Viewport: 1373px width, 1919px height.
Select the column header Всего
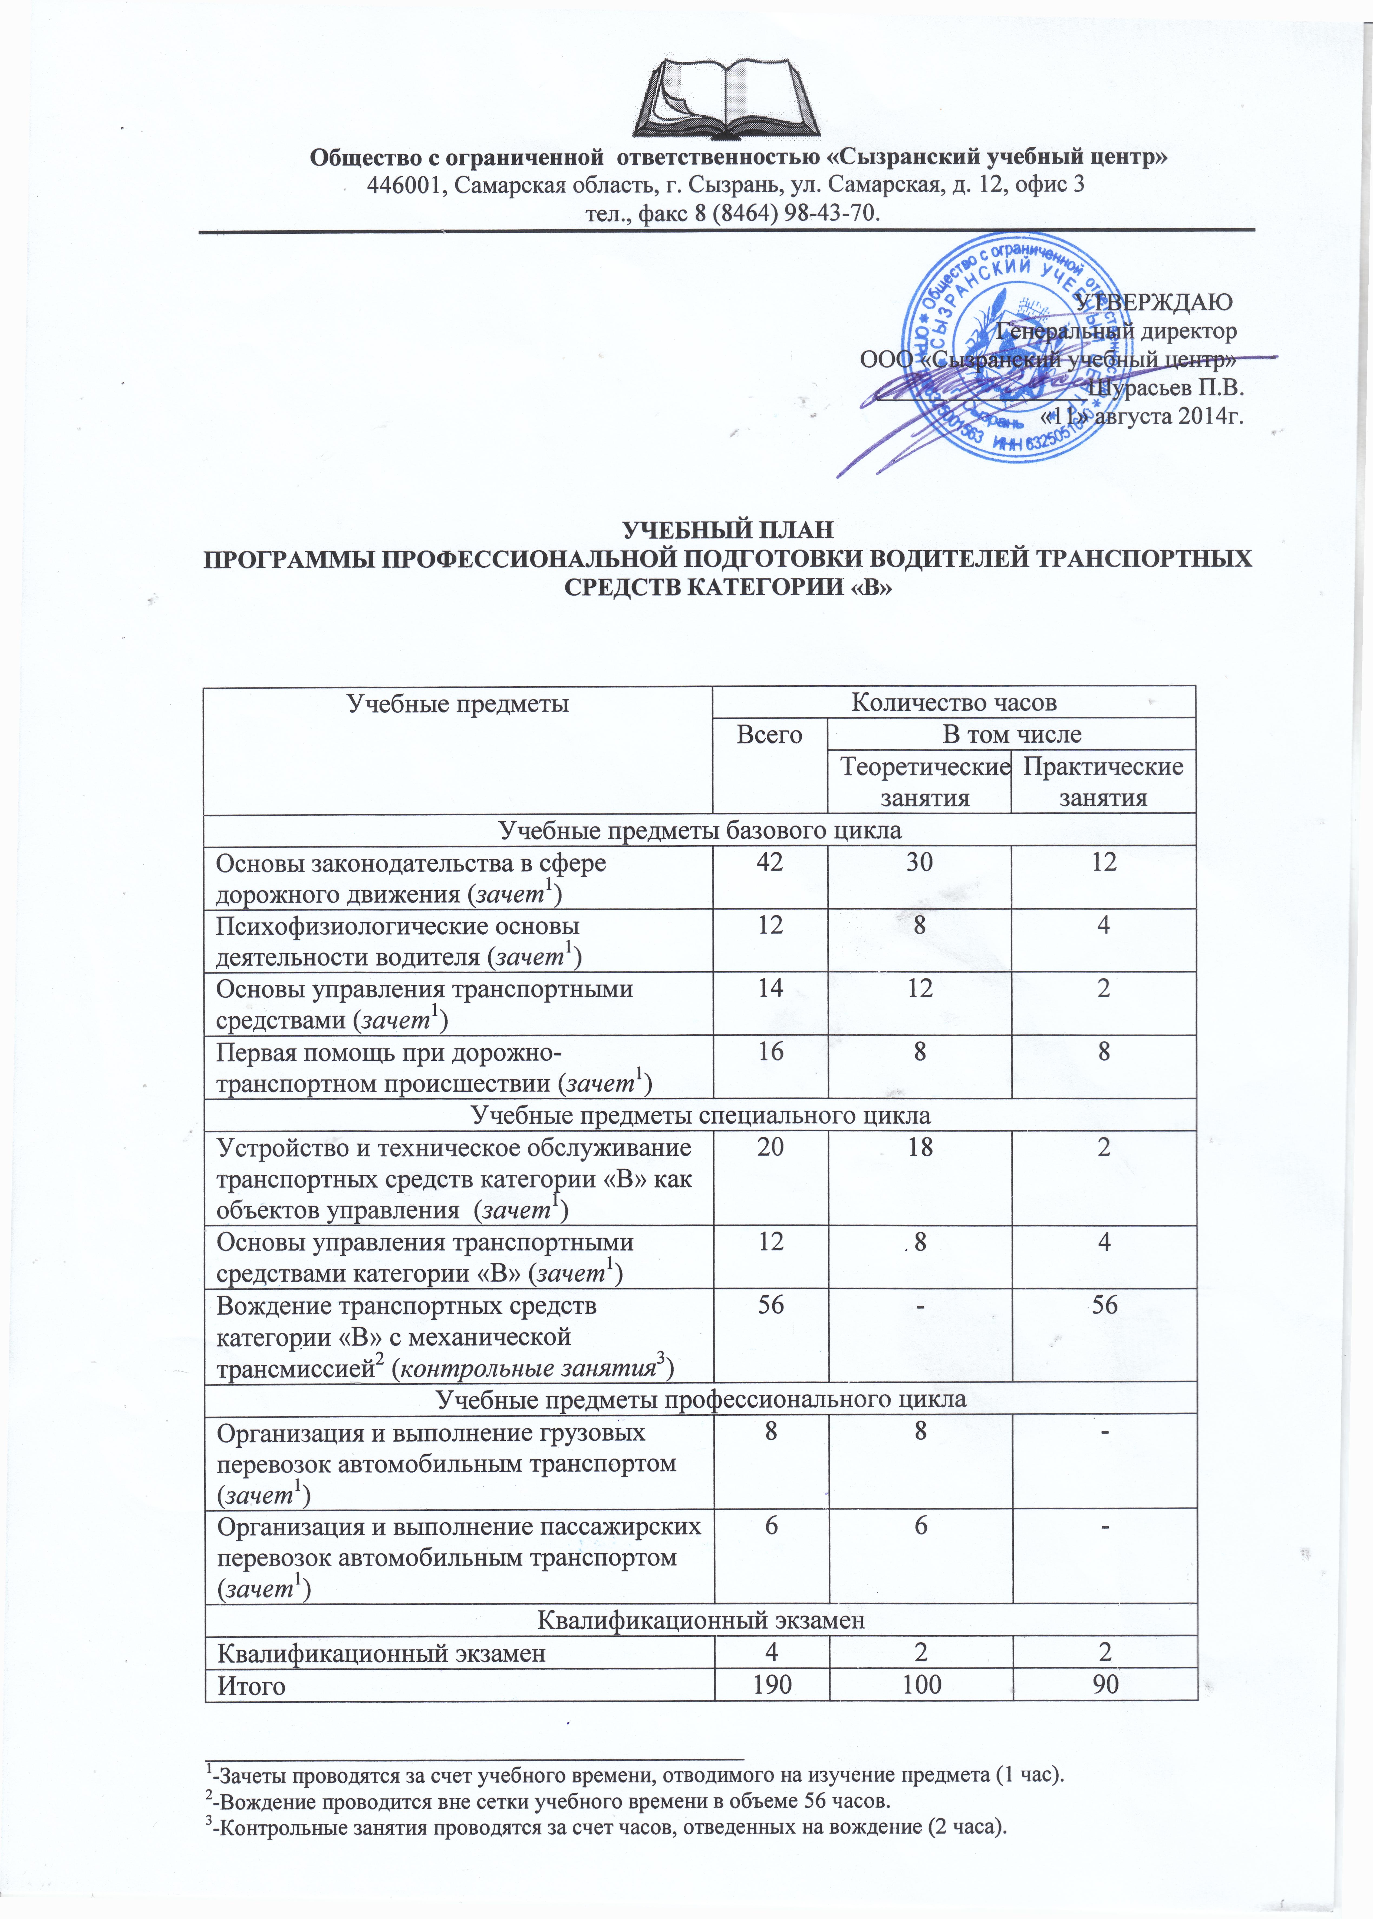[769, 734]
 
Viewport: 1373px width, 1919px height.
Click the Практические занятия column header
[1103, 782]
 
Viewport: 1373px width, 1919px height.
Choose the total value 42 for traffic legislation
[770, 863]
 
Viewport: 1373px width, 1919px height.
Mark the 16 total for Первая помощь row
[770, 1052]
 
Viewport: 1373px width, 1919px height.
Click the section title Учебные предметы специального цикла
[700, 1115]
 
